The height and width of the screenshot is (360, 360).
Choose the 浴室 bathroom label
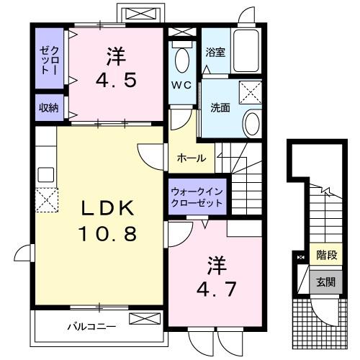pyautogui.click(x=214, y=52)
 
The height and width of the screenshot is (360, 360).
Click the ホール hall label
pyautogui.click(x=192, y=158)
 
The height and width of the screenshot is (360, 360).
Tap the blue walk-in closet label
pyautogui.click(x=197, y=197)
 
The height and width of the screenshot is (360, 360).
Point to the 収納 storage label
pyautogui.click(x=49, y=107)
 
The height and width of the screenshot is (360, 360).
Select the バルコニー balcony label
pyautogui.click(x=91, y=326)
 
